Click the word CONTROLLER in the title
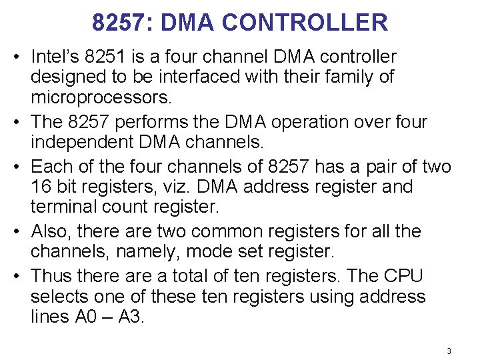(x=304, y=23)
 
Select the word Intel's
(x=56, y=57)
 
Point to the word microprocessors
(x=101, y=98)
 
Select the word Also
(x=51, y=231)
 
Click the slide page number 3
(x=449, y=351)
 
